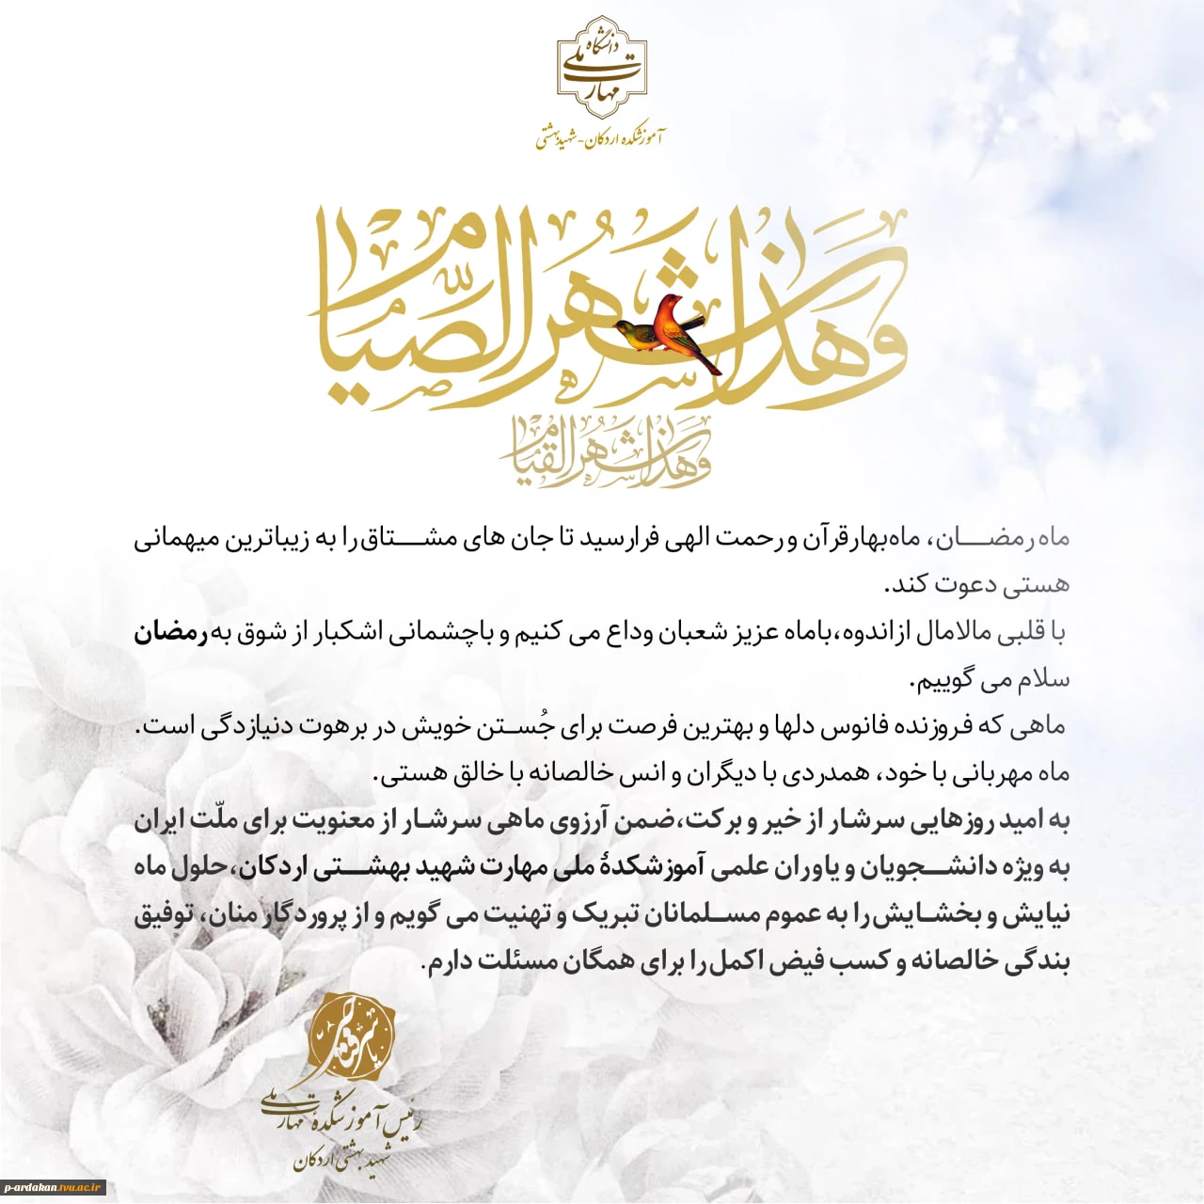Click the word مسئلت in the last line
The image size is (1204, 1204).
click(520, 961)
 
